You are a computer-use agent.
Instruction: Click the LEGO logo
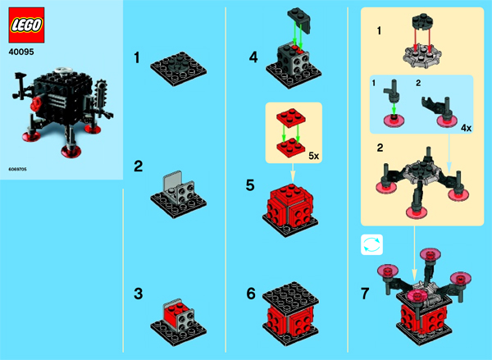26,25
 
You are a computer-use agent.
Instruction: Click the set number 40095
21,52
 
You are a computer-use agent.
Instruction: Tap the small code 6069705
17,169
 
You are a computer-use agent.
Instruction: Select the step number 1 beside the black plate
136,58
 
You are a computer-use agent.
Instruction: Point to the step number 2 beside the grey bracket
138,166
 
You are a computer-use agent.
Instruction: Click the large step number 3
138,294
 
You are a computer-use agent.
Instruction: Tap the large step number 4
253,57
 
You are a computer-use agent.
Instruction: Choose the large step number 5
250,185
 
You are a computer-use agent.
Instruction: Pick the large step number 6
251,294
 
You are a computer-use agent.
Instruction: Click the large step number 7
365,294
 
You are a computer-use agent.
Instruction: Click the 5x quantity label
313,156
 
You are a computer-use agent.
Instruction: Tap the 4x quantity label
467,128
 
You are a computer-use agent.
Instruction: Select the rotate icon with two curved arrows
371,244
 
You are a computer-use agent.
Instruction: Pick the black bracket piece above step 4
299,21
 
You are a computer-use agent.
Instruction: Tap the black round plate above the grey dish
422,21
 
